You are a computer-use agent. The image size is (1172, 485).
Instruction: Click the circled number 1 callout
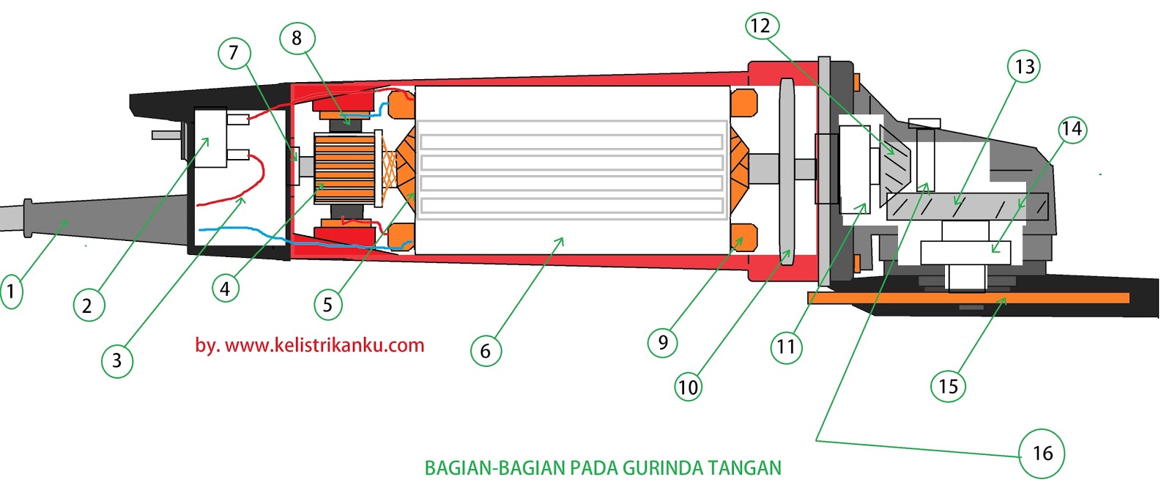10,291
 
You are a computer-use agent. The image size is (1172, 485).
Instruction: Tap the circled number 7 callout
234,53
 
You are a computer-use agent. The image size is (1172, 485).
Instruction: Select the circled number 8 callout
297,38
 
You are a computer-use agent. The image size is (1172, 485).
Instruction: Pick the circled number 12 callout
761,26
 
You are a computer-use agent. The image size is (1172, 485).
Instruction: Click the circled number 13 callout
1024,67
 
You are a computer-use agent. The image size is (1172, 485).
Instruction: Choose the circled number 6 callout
485,351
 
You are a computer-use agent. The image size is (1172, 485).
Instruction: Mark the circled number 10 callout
688,386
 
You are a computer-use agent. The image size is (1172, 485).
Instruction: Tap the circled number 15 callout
948,386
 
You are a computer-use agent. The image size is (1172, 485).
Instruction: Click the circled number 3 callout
116,360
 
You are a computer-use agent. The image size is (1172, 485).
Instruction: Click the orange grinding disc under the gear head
967,298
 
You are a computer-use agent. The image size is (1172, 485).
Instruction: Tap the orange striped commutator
344,169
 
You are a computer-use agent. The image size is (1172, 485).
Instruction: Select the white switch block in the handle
211,138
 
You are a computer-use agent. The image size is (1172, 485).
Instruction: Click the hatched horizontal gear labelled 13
967,207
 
